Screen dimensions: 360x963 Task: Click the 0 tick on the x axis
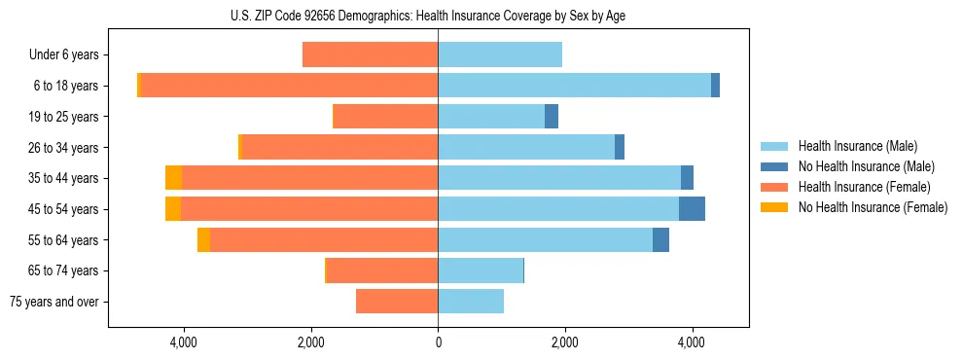[x=438, y=342]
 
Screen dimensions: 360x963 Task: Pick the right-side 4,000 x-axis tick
[x=692, y=342]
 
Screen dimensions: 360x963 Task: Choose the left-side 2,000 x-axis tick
[x=310, y=342]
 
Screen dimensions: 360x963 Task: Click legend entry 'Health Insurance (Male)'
[x=857, y=146]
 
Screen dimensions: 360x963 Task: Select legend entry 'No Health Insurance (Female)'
[x=873, y=207]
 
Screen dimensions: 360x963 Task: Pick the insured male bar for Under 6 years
[x=500, y=54]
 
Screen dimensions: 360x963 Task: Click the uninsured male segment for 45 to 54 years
[x=692, y=209]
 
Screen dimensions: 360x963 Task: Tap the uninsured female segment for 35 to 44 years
[x=173, y=178]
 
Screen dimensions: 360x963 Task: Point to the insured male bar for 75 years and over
[x=471, y=302]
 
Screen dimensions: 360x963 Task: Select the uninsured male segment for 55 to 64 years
[x=660, y=239]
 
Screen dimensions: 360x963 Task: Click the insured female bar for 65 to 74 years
[x=382, y=270]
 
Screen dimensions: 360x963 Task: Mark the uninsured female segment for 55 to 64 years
[x=203, y=239]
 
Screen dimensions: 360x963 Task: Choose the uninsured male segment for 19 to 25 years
[x=552, y=117]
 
